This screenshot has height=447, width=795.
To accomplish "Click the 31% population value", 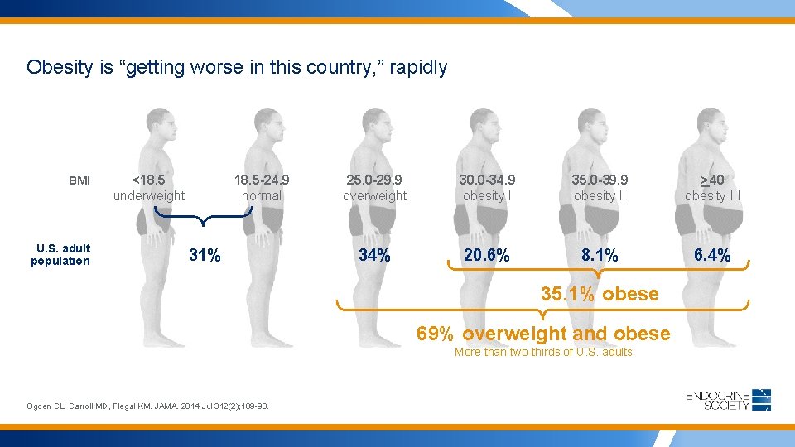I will [x=205, y=255].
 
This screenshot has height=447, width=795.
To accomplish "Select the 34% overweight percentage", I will [x=374, y=255].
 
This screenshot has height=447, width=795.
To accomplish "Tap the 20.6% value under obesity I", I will [x=487, y=255].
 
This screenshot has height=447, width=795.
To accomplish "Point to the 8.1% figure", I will [x=599, y=255].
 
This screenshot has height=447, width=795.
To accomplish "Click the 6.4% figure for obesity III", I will [x=711, y=255].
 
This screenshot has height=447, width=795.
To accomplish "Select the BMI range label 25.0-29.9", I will [x=374, y=180].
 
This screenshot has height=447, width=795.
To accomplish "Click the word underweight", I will [x=149, y=196].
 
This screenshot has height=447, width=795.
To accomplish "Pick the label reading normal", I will [x=262, y=196].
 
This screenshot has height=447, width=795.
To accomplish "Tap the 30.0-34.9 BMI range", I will [x=489, y=180].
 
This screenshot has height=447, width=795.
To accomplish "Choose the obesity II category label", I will [x=600, y=196].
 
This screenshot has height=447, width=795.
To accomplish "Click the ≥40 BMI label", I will [x=711, y=180].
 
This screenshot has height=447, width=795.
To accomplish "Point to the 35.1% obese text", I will [x=599, y=294].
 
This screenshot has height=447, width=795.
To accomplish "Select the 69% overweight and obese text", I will [x=543, y=334].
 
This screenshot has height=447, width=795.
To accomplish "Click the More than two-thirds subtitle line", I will [x=543, y=352].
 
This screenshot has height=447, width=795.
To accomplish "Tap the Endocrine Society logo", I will [x=729, y=400].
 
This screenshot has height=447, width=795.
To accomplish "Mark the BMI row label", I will [x=79, y=180].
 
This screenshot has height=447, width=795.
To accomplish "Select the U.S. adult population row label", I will [x=60, y=255].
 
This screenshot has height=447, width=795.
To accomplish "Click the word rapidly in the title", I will [x=418, y=67].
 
